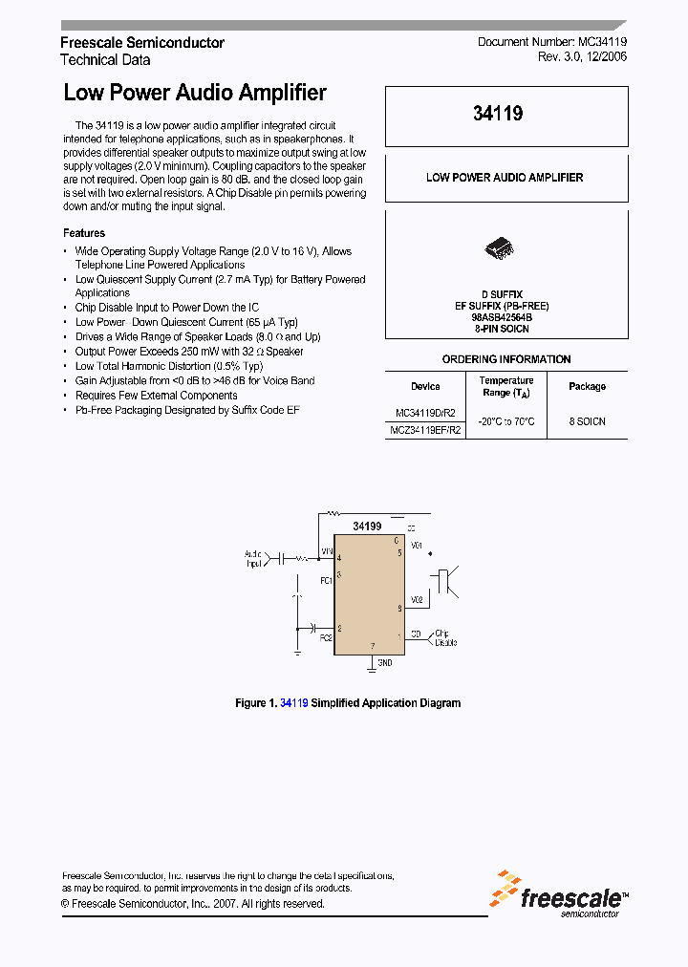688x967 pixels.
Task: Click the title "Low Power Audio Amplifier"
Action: click(195, 93)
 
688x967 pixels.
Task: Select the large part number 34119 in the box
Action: click(498, 114)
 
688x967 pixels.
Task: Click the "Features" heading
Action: click(84, 233)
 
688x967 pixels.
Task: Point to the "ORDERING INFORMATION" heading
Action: click(506, 359)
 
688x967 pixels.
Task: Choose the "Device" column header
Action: click(425, 386)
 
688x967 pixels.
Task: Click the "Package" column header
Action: click(587, 386)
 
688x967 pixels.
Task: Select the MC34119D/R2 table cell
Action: click(425, 413)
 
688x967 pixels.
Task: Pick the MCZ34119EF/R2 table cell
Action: click(425, 430)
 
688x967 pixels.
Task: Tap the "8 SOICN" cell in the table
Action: click(587, 421)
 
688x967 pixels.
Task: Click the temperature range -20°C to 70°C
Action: click(506, 421)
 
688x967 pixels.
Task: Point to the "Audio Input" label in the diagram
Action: click(253, 559)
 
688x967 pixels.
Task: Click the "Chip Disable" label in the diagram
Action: click(446, 637)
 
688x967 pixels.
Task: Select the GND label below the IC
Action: click(384, 662)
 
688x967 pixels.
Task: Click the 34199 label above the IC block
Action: click(367, 526)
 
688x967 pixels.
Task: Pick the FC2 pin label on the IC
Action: click(326, 637)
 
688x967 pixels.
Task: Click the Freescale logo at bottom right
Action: click(560, 893)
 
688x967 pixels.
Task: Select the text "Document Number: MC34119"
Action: click(552, 43)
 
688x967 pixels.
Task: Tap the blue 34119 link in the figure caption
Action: click(293, 703)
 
